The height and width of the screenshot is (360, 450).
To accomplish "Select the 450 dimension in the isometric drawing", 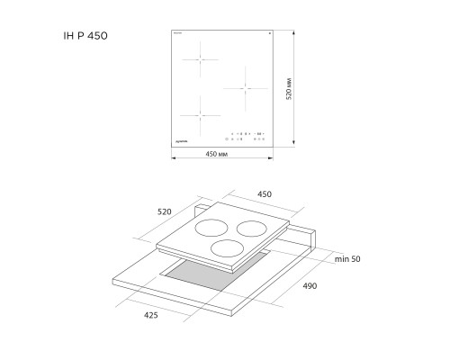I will [x=265, y=193].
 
